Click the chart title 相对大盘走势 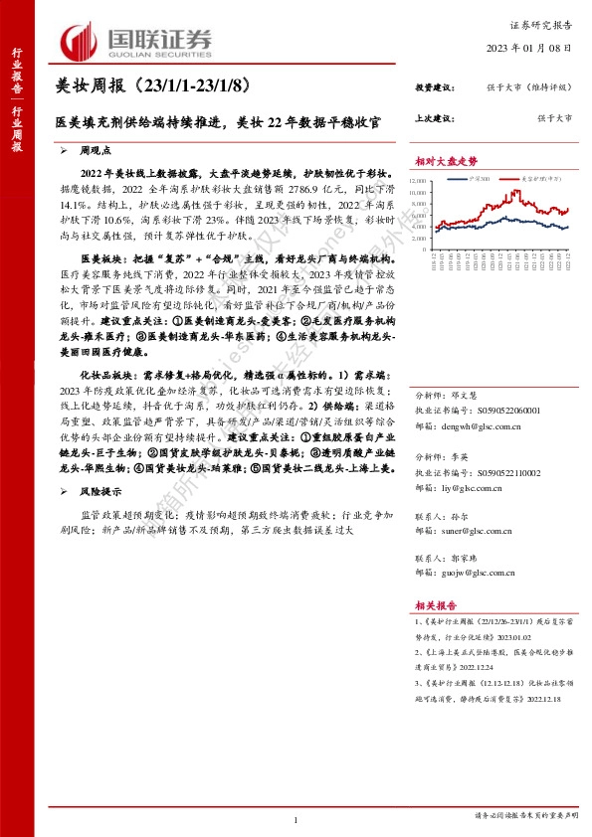click(x=446, y=162)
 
